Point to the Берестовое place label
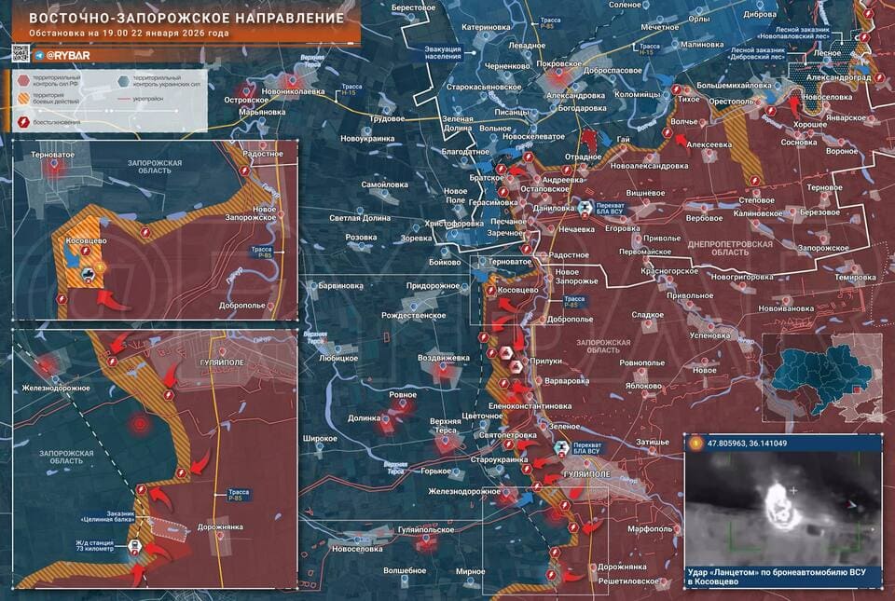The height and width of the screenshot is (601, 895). click(x=415, y=7)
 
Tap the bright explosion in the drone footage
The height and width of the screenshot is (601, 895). click(x=778, y=503)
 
